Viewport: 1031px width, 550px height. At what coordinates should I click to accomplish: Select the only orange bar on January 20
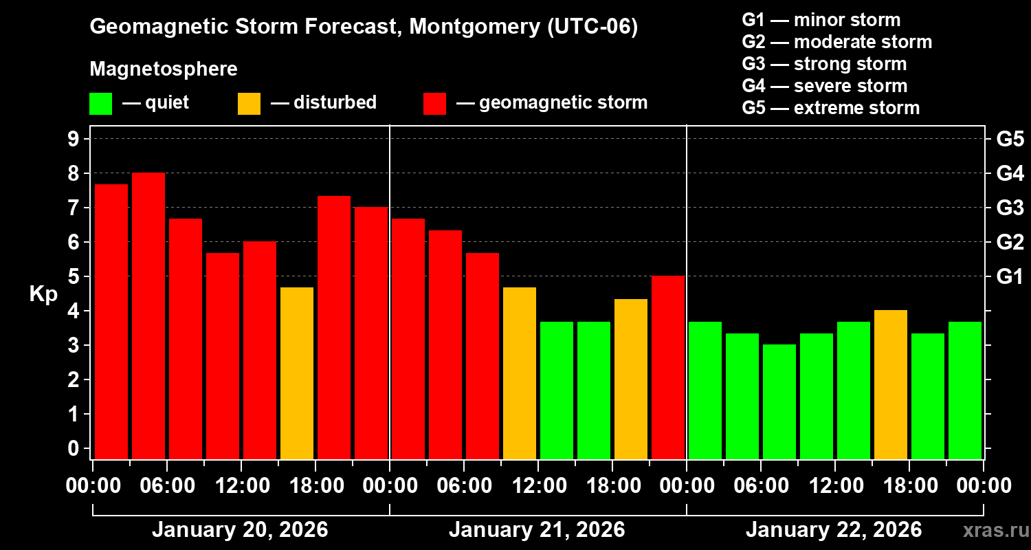pos(297,373)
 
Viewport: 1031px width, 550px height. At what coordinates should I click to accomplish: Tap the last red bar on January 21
pos(668,367)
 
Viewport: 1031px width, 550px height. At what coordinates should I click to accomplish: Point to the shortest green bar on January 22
pos(779,401)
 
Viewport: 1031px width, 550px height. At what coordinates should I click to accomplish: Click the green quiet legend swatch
pos(100,104)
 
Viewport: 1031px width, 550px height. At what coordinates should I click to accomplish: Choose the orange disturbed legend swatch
pos(249,104)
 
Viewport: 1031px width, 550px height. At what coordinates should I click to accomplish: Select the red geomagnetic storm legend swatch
pos(434,104)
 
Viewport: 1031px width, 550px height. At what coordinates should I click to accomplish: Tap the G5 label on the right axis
pos(1010,139)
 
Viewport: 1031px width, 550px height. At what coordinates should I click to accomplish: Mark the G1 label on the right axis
pos(1010,276)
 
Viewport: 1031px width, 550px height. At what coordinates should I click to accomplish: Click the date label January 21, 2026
pos(537,530)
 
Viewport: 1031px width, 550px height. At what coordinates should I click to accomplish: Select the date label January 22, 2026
pos(834,530)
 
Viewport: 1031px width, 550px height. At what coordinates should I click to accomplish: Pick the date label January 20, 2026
pos(240,530)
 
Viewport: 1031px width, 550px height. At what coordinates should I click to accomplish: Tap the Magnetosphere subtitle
pos(164,69)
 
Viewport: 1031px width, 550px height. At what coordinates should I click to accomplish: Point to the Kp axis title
pos(43,294)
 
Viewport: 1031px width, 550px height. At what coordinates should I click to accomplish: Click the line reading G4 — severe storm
pos(825,86)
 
